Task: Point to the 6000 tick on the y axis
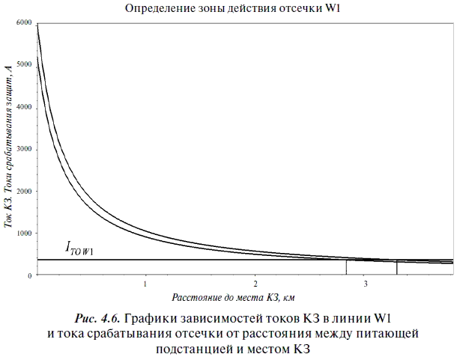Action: coord(23,24)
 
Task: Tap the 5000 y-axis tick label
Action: coord(23,65)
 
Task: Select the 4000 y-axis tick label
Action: coord(23,108)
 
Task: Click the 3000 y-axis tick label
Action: coord(23,150)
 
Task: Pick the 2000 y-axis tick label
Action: coord(23,192)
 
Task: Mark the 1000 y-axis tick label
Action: coord(23,234)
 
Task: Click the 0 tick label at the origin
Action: coord(29,276)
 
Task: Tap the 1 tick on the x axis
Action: coord(145,285)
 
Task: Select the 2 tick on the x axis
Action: coord(255,285)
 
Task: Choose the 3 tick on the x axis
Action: coord(366,285)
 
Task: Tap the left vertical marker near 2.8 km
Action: coord(346,267)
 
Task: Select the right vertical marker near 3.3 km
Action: coord(396,268)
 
